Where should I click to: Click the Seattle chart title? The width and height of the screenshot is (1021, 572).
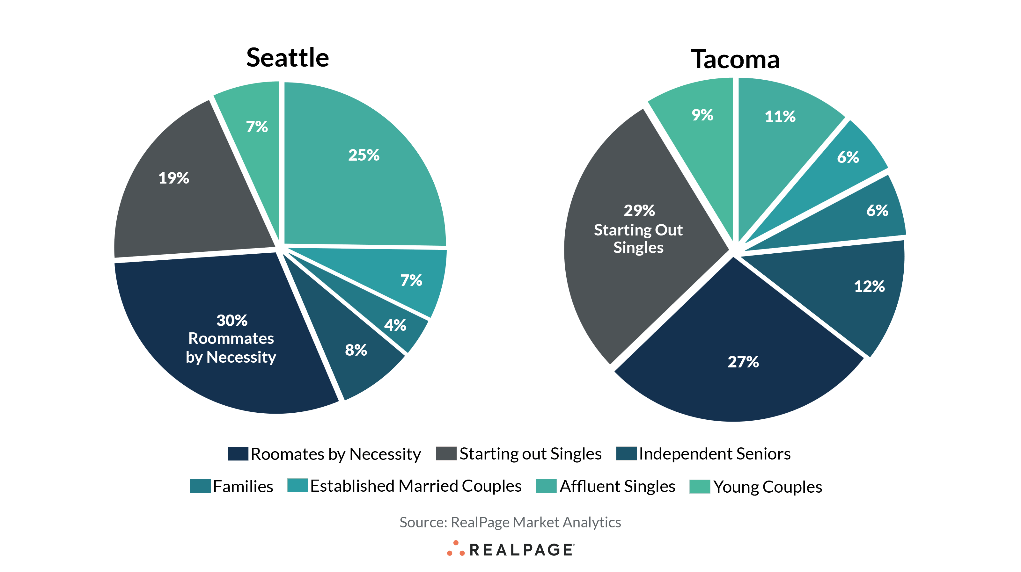pos(287,58)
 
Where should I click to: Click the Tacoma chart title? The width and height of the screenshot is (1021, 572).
pos(735,59)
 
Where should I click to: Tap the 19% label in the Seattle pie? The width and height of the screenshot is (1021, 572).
pos(173,178)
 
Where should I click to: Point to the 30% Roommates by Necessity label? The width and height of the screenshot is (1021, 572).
pos(231,339)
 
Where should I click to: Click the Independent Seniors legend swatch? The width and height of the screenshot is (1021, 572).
pos(626,453)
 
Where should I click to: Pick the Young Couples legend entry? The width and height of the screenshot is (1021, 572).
pos(767,486)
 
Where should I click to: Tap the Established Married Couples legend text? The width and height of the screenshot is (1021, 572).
pos(415,486)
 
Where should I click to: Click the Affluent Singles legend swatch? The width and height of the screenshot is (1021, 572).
pos(546,486)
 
